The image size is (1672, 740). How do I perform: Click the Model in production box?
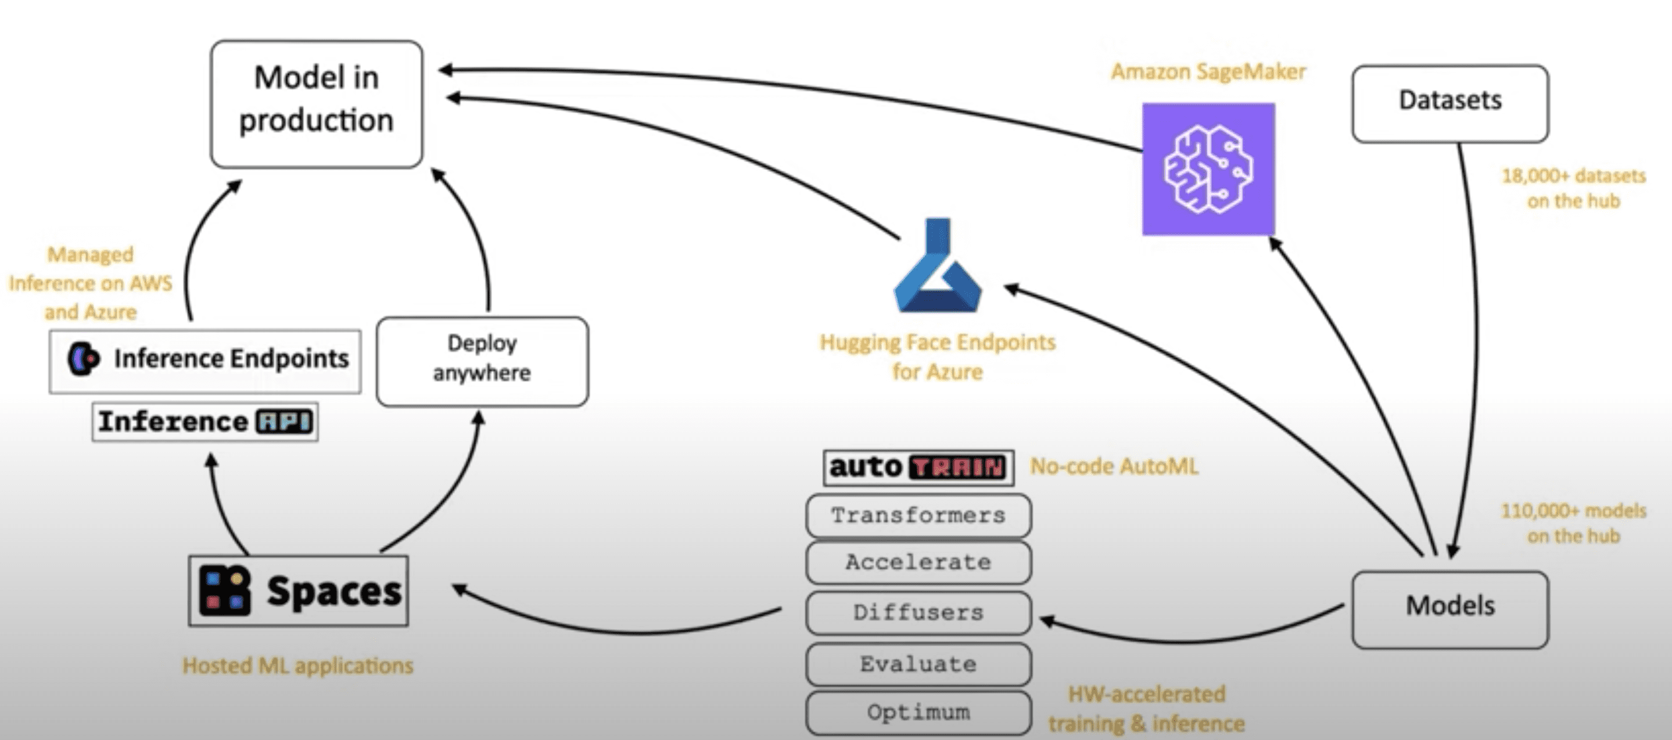tap(316, 104)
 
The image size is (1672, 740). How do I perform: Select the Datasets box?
tap(1450, 103)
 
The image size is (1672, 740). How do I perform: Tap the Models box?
tap(1450, 609)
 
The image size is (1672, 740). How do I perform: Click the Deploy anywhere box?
tap(482, 361)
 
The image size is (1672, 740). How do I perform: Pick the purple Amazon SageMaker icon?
tap(1208, 169)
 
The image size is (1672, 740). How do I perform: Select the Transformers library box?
tap(918, 516)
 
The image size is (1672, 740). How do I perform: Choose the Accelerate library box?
tap(918, 563)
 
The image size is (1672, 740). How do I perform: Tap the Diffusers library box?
tap(918, 613)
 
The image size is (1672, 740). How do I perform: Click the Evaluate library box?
tap(918, 664)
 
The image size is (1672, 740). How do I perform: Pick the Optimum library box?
tap(918, 713)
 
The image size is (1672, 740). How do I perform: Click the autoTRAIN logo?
tap(918, 468)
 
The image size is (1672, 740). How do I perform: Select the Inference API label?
tap(205, 422)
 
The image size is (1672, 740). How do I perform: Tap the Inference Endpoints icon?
tap(84, 359)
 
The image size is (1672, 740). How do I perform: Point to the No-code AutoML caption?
tap(1114, 466)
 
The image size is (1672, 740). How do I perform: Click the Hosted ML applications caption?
tap(297, 665)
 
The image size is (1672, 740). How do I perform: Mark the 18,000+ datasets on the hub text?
tap(1573, 188)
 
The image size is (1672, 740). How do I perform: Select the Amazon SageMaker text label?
tap(1208, 71)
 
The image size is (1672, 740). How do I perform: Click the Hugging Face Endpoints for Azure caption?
tap(937, 357)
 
